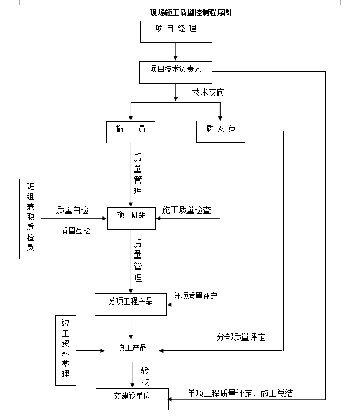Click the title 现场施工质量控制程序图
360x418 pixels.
point(190,12)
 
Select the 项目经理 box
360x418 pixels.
point(176,31)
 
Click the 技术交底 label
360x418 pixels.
point(208,92)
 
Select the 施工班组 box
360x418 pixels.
point(131,218)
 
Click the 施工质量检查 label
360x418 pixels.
point(186,210)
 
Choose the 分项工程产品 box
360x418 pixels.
point(131,303)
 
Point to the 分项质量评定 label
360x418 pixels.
point(195,296)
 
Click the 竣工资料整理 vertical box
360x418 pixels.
point(66,351)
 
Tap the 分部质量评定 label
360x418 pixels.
point(241,337)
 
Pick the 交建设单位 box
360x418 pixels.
point(132,398)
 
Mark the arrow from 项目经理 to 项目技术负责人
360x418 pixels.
point(176,52)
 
